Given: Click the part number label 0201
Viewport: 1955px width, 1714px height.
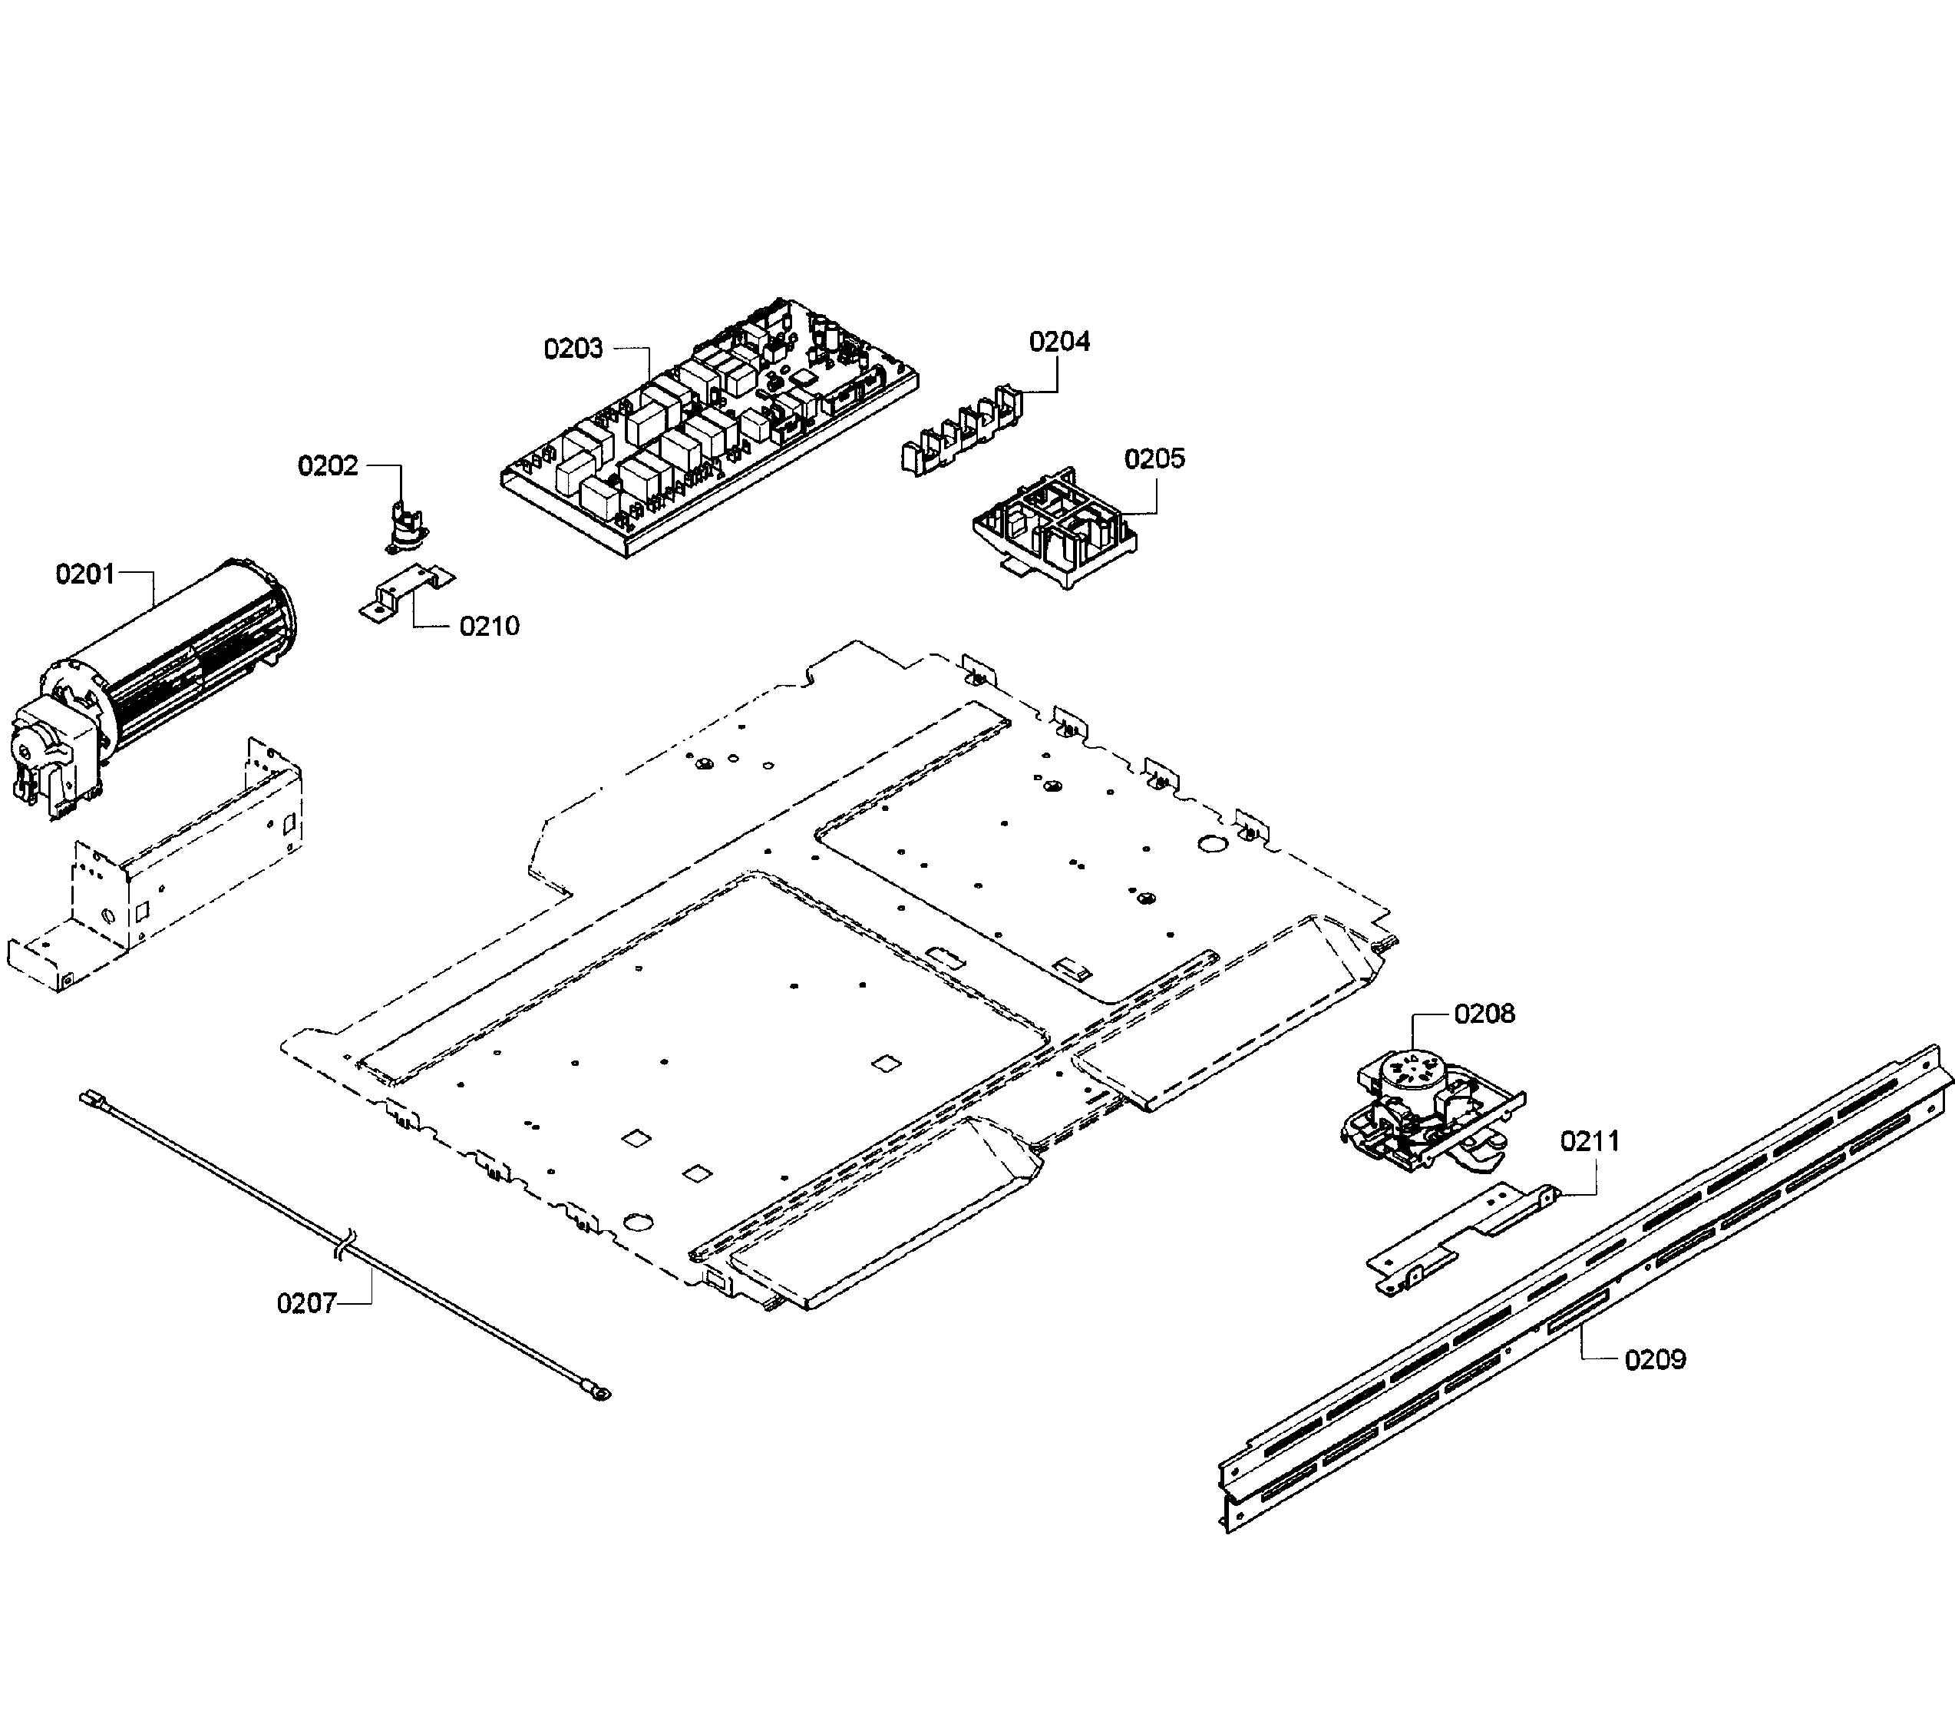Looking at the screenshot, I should point(84,574).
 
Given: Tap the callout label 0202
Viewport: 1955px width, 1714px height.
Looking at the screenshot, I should point(327,466).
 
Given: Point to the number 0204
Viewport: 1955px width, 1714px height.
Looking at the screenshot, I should point(1058,342).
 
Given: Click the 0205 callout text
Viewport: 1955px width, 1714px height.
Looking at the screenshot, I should point(1154,458).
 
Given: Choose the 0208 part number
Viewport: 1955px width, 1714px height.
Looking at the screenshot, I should point(1484,1013).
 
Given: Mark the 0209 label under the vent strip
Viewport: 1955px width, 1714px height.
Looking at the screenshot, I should point(1655,1359).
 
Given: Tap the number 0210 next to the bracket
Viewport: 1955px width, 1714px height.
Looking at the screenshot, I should point(488,626).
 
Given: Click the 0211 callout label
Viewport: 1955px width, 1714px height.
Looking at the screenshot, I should point(1590,1140).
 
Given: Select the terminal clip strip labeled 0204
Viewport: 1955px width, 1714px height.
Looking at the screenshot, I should point(961,430).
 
